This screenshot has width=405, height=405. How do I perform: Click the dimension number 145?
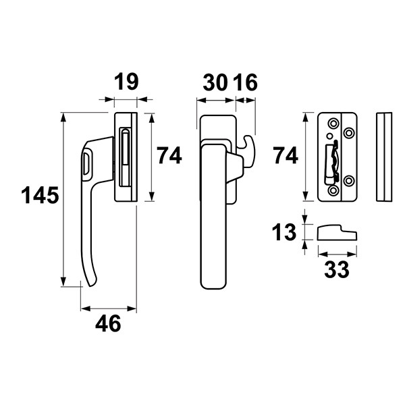40,195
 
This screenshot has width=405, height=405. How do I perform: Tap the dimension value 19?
126,82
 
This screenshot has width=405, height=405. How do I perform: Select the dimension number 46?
108,323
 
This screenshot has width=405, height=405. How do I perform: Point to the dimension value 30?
215,82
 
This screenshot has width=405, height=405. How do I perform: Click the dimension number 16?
246,82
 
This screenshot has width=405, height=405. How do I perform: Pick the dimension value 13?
284,232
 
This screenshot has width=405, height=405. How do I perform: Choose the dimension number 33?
337,269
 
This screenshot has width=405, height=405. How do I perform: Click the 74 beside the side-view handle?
169,155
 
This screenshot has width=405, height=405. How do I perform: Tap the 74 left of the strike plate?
286,155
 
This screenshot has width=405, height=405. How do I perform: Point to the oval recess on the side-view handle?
86,163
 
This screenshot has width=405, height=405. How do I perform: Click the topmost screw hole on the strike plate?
333,124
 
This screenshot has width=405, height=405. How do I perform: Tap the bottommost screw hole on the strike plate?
333,190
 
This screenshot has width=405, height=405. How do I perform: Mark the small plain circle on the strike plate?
329,136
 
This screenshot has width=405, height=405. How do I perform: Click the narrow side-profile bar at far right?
384,157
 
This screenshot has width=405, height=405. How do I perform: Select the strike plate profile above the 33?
337,232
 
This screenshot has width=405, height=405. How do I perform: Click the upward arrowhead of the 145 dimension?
63,117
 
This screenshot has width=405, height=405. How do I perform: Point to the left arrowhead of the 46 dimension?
86,308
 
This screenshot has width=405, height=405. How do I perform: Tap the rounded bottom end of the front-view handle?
213,286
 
